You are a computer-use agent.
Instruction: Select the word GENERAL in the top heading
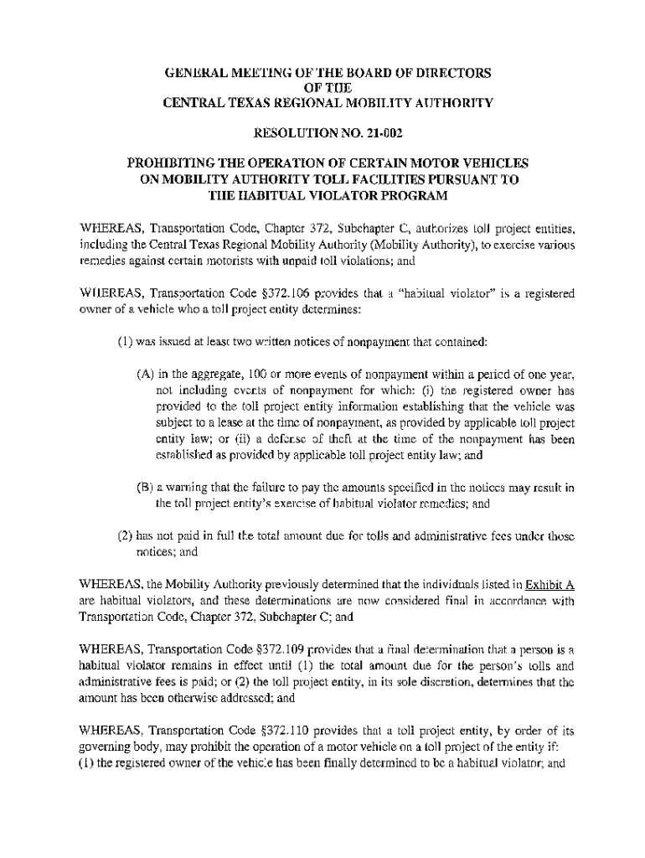tap(193, 74)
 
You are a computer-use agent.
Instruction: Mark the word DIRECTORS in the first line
tap(449, 74)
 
